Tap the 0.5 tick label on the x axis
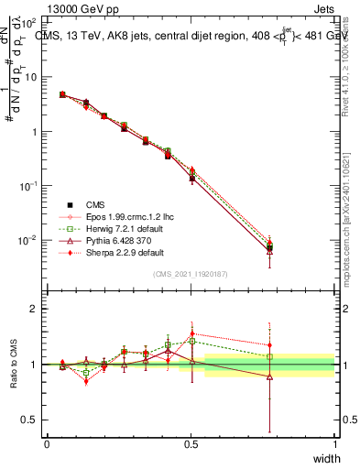click(x=191, y=443)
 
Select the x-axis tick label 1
click(x=335, y=443)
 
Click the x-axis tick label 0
click(x=47, y=443)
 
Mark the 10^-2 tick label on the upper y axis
click(x=28, y=240)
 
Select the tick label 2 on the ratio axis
click(x=36, y=310)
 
